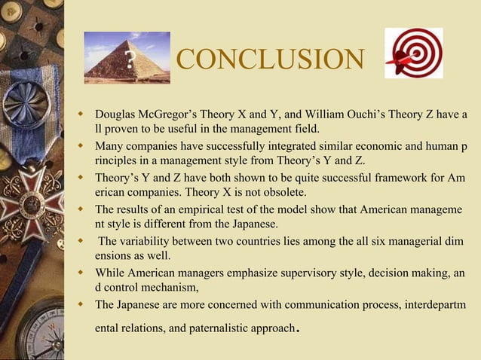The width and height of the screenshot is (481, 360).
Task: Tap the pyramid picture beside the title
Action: click(x=127, y=57)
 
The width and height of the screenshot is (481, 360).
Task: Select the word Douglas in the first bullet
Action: click(x=115, y=114)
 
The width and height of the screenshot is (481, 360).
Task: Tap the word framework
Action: click(x=386, y=180)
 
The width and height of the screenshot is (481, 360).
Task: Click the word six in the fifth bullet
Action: click(x=367, y=240)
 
